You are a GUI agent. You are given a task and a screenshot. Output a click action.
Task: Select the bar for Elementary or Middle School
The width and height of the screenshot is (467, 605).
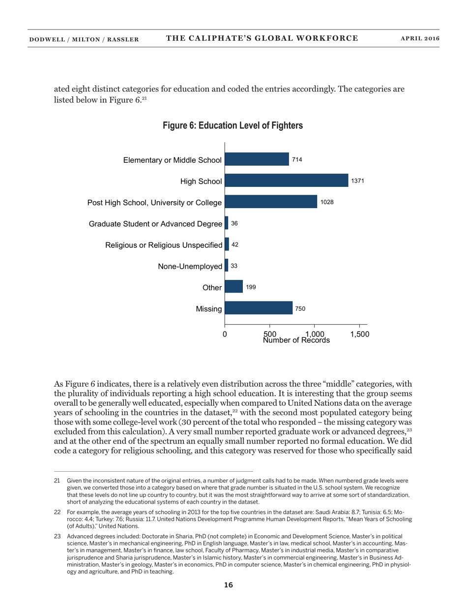[x=257, y=159]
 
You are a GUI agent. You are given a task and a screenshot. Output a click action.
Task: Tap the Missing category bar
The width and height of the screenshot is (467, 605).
[x=259, y=309]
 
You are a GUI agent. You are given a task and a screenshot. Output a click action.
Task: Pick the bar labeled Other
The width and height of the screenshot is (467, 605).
[x=233, y=287]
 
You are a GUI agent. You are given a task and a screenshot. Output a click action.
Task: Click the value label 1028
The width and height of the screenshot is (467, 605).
[x=327, y=202]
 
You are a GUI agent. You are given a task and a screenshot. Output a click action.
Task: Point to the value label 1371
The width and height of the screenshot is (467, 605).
[x=357, y=181]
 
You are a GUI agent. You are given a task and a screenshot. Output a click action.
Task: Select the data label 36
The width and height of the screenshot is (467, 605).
[x=234, y=223]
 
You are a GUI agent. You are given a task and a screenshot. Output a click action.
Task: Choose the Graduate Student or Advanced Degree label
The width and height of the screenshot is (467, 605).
[x=155, y=224]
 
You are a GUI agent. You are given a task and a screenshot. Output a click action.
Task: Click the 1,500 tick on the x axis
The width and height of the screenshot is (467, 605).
[x=359, y=333]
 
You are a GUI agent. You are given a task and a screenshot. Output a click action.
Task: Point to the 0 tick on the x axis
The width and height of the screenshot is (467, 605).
[x=225, y=333]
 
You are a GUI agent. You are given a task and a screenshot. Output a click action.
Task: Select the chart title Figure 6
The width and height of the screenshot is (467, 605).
[x=233, y=126]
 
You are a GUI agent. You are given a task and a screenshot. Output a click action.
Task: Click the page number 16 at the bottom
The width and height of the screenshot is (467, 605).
[x=228, y=585]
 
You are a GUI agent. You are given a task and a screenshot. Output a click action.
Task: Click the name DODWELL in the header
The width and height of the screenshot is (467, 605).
[x=47, y=39]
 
